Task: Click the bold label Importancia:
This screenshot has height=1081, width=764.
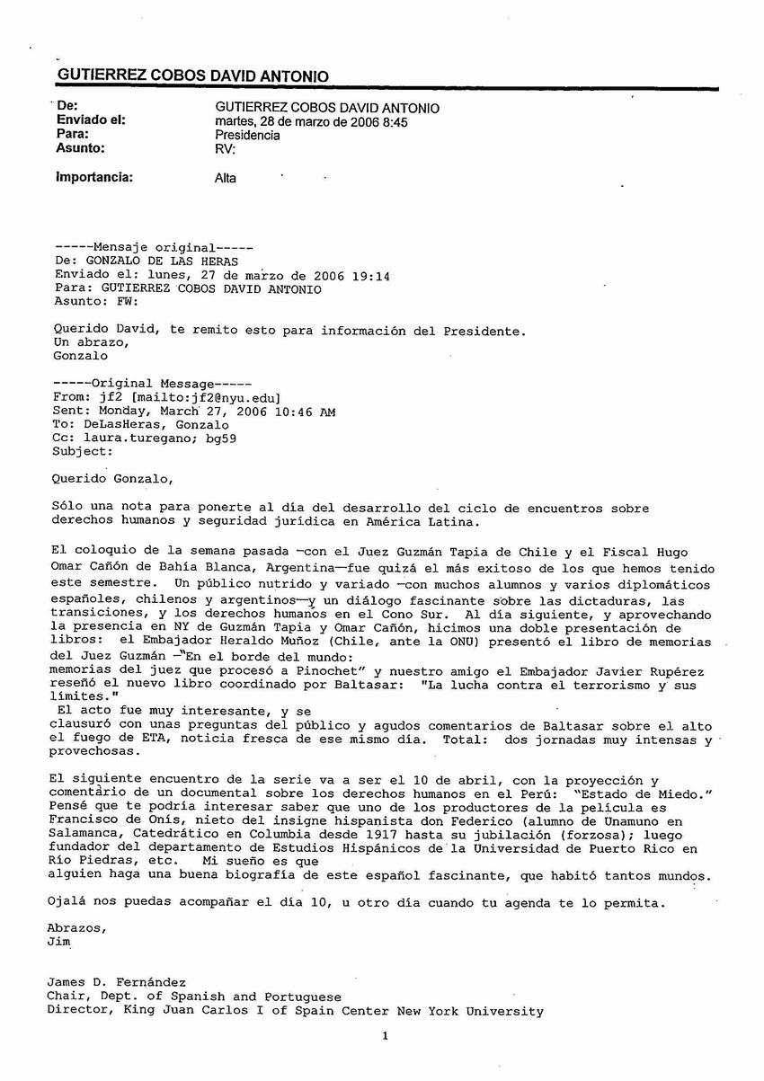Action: [x=94, y=177]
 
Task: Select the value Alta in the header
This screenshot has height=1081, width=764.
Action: [x=226, y=178]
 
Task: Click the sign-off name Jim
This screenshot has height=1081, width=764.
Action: [x=58, y=943]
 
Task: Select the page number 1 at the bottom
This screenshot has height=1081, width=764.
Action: [x=385, y=1036]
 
